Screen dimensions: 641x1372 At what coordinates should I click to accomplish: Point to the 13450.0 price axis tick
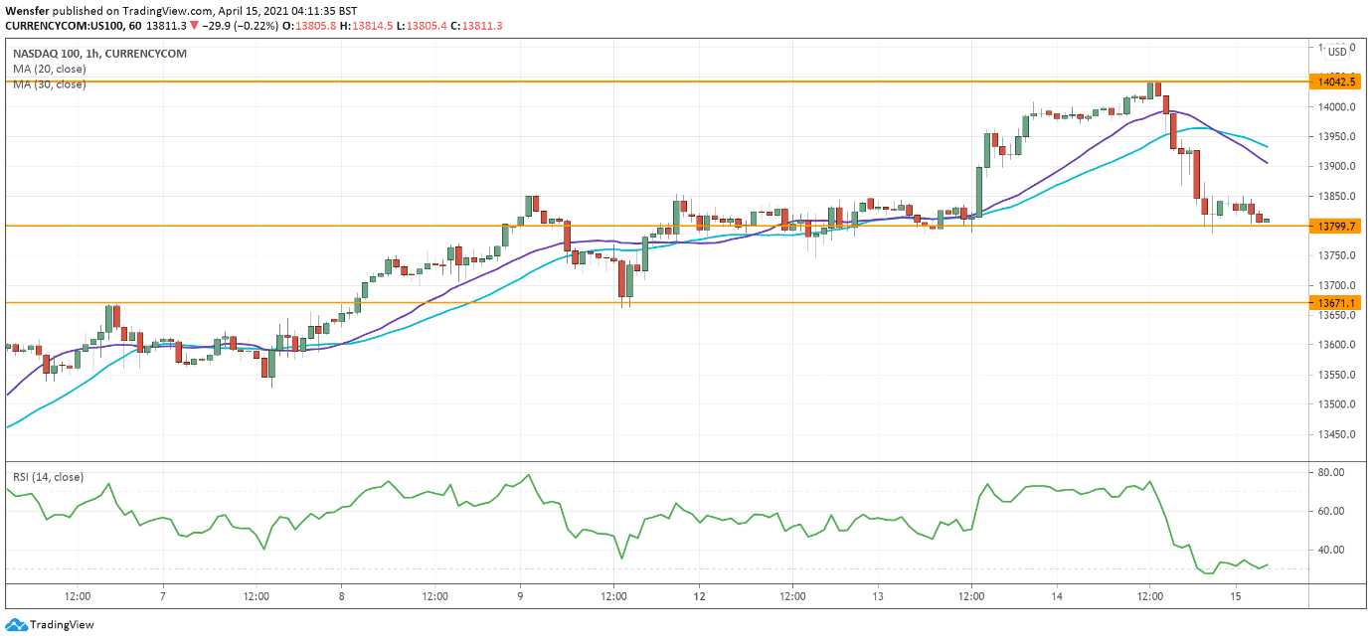click(1333, 434)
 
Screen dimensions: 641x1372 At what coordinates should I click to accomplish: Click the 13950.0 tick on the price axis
click(1333, 136)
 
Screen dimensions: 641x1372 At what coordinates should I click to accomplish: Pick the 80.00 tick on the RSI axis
click(1331, 472)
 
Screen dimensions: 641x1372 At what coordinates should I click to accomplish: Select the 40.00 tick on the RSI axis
click(1331, 550)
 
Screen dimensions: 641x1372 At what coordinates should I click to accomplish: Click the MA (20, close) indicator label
click(50, 69)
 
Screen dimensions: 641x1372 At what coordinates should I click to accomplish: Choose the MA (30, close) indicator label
click(50, 84)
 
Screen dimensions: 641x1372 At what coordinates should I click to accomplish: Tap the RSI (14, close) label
click(48, 477)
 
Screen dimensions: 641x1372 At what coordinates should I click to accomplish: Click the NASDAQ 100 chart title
click(99, 53)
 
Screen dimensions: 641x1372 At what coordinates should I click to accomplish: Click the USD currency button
click(1337, 52)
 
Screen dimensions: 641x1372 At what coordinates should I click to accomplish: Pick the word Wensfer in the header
click(28, 10)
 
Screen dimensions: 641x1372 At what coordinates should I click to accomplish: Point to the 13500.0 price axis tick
click(1333, 404)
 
